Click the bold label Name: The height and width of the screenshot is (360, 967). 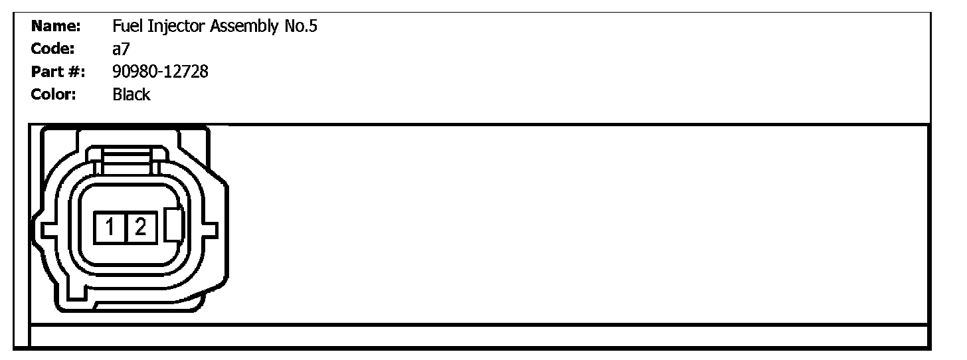click(56, 27)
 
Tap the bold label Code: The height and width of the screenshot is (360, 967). click(52, 49)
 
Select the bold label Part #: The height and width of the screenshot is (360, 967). click(58, 72)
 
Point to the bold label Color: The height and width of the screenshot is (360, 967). click(54, 94)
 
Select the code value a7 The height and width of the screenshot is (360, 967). click(120, 49)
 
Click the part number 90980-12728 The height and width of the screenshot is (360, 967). click(160, 72)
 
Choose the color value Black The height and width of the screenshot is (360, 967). click(132, 94)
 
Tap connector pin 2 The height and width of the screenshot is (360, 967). click(140, 228)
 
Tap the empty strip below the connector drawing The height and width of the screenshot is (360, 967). click(478, 335)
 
